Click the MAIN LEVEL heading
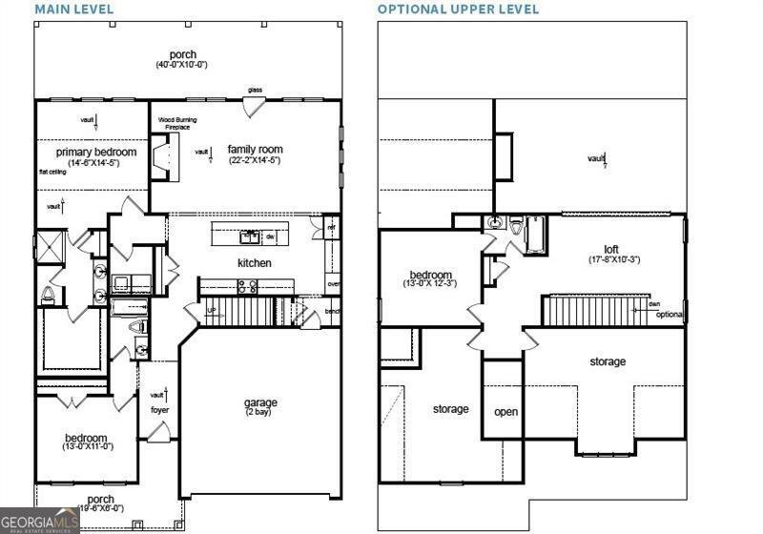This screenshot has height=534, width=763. (x=74, y=10)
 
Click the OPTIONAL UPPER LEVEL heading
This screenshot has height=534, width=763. (x=458, y=10)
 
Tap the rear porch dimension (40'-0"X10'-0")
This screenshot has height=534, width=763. (x=182, y=66)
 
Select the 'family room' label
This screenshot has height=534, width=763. (x=255, y=150)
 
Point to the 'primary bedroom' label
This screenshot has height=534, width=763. (x=95, y=152)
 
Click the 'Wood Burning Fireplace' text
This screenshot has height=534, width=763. (x=178, y=123)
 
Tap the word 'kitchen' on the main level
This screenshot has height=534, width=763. (x=255, y=263)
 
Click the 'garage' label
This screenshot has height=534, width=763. (x=260, y=402)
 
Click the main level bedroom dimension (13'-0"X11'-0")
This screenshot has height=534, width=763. (x=89, y=445)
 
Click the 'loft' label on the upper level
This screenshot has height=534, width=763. (x=611, y=250)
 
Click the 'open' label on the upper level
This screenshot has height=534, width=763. (x=505, y=413)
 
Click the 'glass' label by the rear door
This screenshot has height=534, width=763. (x=256, y=91)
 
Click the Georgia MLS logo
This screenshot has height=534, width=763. (x=39, y=522)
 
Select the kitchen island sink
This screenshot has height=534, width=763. (x=250, y=235)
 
